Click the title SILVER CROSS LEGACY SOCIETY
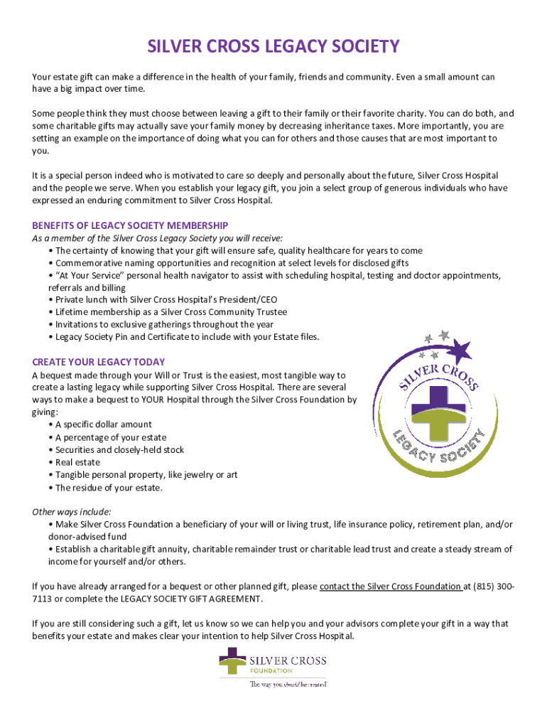(x=273, y=48)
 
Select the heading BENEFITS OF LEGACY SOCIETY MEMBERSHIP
(x=130, y=225)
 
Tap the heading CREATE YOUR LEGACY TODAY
(x=98, y=362)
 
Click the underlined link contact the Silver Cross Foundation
(x=390, y=587)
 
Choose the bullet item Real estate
(x=77, y=462)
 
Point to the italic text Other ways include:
(x=71, y=512)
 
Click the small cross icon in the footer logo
(x=232, y=662)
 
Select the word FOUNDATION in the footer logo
(x=271, y=670)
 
